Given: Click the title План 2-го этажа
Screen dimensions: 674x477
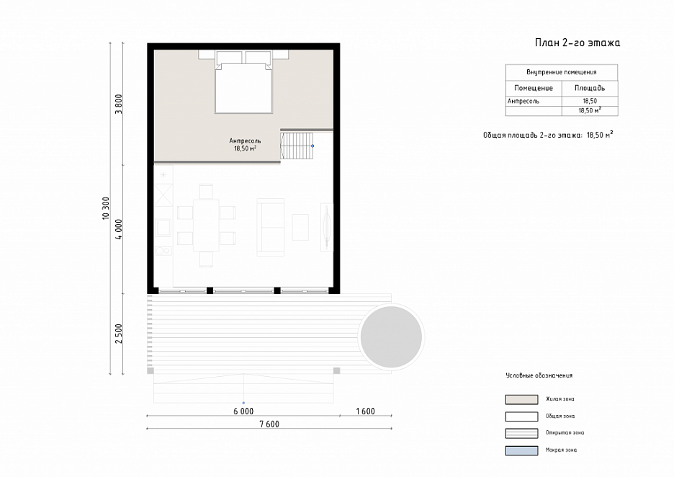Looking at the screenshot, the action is tap(578, 43).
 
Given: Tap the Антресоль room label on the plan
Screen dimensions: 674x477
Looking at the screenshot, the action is tap(245, 141).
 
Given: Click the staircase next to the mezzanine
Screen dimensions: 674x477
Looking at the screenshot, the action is tap(297, 146).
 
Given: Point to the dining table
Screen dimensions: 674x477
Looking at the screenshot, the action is tap(206, 225).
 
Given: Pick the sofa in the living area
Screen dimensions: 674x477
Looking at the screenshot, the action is tap(271, 227).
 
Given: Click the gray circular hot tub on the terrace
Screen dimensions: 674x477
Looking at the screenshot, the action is tap(391, 336).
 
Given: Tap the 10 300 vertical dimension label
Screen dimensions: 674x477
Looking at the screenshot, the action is tap(106, 208).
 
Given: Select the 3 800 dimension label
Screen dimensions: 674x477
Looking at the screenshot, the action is tap(119, 104).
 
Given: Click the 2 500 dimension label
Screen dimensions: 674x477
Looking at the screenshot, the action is tap(119, 334).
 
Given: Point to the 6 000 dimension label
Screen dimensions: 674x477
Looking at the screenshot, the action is tap(243, 411).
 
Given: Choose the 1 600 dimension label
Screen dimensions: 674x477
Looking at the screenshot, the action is tap(365, 411).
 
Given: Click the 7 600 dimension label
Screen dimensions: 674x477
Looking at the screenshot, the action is tap(269, 424).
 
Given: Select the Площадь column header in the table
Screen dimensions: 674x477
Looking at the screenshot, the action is tap(590, 88).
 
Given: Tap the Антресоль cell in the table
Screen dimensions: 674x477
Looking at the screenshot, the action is tap(523, 101).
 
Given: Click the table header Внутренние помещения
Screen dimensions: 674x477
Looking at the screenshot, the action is tap(562, 72).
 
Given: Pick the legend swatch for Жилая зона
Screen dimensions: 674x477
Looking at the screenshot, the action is tap(521, 399).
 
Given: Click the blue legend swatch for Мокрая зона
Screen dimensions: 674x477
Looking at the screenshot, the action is tap(521, 450).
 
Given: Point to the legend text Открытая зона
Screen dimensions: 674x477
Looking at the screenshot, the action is tap(565, 433).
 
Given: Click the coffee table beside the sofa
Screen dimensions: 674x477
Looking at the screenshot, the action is tap(300, 227).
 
